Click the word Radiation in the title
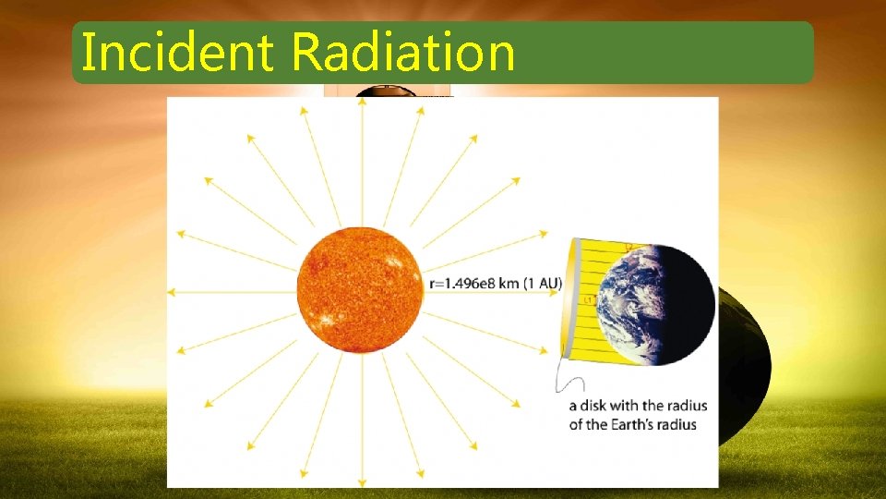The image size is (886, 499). point(403,53)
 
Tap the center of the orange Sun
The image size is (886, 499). point(360,290)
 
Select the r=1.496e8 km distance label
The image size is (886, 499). point(474,284)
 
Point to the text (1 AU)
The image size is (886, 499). point(543,284)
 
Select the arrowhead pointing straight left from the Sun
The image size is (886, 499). point(172,292)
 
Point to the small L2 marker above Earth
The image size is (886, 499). point(629,247)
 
